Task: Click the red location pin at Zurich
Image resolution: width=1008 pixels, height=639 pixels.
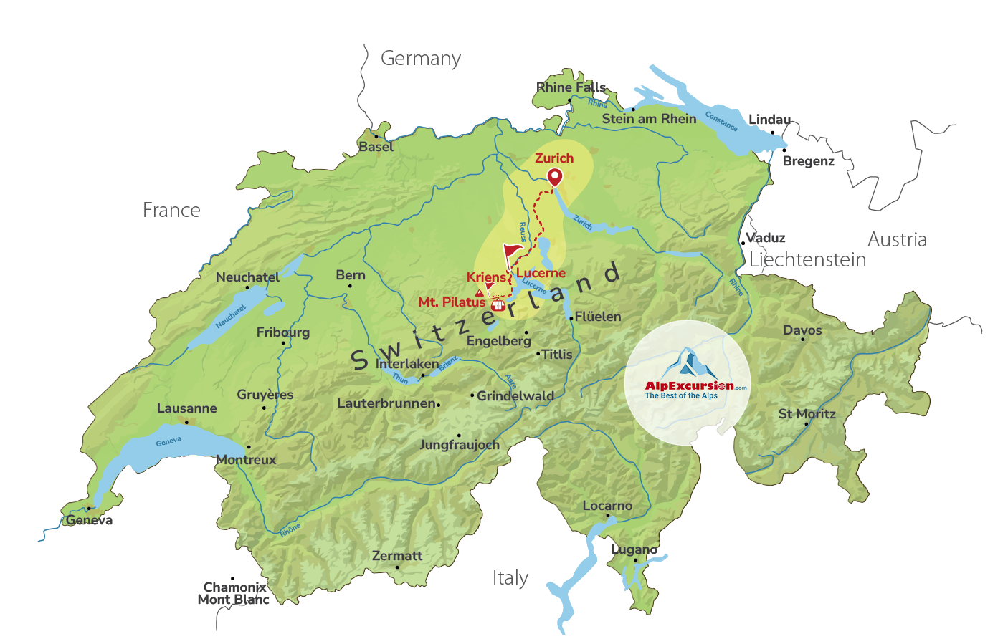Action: coord(555,176)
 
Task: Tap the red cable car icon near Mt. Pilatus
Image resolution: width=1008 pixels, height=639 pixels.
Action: coord(498,304)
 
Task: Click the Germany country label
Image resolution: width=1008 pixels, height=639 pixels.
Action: coord(420,59)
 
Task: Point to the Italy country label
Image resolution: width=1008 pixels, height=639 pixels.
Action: coord(510,577)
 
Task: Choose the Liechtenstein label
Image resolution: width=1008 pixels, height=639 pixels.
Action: coord(807,260)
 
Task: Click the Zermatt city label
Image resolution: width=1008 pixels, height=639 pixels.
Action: coord(397,556)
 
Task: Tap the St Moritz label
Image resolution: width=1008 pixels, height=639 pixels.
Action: coord(807,414)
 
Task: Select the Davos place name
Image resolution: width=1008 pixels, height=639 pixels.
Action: coord(802,330)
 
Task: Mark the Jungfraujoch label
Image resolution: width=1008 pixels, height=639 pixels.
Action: coord(459,445)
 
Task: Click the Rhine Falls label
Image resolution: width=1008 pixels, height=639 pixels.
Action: coord(571,87)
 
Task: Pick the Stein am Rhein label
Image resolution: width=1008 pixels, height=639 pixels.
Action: coord(649,119)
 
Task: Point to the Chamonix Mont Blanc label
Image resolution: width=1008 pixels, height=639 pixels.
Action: coord(234,593)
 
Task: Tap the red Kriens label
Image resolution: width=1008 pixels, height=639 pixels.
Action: coord(486,277)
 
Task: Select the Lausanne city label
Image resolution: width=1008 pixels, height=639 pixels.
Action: coord(186,408)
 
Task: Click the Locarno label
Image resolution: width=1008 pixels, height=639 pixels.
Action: coord(607,506)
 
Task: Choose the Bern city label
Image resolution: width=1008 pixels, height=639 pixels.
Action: coord(351,275)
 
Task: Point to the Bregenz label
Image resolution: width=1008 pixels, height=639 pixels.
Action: coord(808,161)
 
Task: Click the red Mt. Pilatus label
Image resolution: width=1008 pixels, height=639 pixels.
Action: coord(452,302)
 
